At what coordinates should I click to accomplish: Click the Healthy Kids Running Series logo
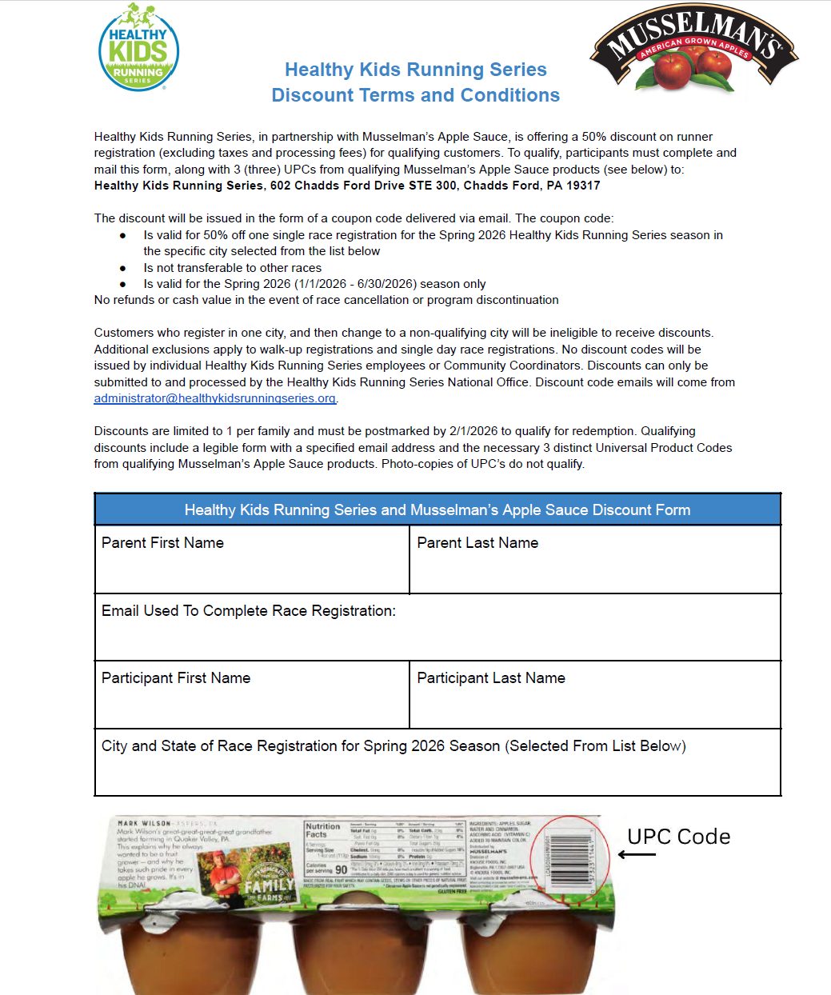click(x=138, y=48)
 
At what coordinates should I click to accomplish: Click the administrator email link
click(x=214, y=398)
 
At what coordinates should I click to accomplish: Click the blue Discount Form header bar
click(x=437, y=509)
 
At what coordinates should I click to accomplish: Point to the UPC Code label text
click(x=678, y=837)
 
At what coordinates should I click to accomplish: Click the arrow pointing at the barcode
click(x=637, y=855)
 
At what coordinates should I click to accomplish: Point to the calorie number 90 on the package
click(x=342, y=869)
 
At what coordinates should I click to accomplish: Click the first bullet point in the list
click(x=123, y=235)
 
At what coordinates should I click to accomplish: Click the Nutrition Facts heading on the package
click(x=322, y=830)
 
